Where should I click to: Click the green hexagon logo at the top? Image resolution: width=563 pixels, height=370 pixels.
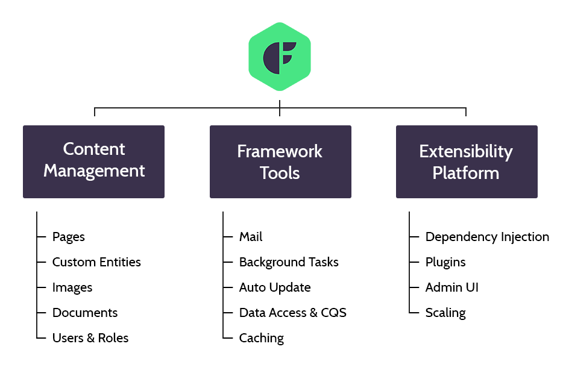[x=280, y=57]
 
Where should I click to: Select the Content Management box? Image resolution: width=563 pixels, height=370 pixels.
[x=93, y=161]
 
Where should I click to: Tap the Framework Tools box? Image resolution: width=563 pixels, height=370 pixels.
[x=280, y=161]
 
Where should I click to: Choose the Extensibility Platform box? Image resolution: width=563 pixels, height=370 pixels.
[x=467, y=161]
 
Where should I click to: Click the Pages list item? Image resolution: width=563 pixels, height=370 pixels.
[x=69, y=237]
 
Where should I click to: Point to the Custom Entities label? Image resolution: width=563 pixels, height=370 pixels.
[x=96, y=262]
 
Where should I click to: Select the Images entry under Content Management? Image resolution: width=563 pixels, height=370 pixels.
[x=72, y=287]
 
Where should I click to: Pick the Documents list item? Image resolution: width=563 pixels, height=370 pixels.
[x=85, y=313]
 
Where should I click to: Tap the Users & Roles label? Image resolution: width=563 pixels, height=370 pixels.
[x=90, y=338]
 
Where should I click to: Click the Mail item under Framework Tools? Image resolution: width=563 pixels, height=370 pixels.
[x=251, y=237]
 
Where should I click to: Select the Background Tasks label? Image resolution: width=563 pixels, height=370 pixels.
[x=289, y=262]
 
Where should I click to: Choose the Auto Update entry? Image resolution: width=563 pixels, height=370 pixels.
[x=275, y=287]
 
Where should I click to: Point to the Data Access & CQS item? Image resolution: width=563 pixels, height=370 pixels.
[x=293, y=313]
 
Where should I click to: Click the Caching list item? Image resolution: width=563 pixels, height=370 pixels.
[x=262, y=338]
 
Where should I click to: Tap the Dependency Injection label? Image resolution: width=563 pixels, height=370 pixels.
[x=487, y=237]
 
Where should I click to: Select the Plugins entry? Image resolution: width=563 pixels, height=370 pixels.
[x=445, y=262]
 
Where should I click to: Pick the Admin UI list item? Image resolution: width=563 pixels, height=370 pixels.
[x=452, y=287]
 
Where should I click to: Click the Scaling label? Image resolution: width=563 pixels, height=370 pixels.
[x=445, y=313]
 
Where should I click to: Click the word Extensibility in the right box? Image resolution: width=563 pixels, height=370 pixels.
[x=466, y=151]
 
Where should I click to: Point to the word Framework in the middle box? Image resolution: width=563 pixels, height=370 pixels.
[x=280, y=151]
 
